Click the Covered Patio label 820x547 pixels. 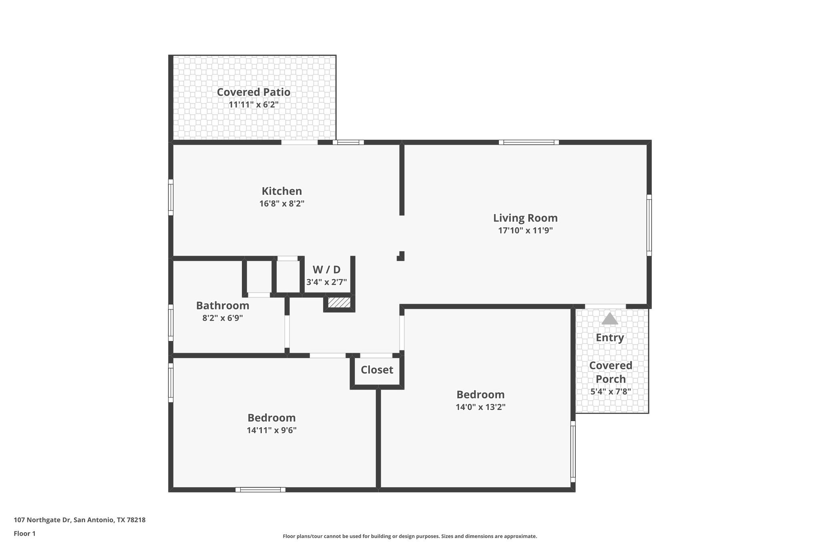point(253,92)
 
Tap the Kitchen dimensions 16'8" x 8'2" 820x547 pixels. point(281,204)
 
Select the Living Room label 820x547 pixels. point(525,218)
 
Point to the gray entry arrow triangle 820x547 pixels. point(609,319)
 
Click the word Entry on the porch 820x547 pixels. point(609,337)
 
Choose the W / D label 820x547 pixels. point(326,269)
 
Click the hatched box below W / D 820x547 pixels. point(339,303)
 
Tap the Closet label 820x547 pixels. point(377,369)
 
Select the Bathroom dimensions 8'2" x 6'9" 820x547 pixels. point(223,318)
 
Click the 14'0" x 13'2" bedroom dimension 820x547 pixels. point(480,407)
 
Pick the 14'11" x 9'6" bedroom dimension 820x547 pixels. point(271,430)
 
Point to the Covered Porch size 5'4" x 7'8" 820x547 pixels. point(611,392)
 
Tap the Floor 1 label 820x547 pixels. point(24,533)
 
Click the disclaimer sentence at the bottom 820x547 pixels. point(410,536)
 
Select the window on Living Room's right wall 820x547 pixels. point(649,225)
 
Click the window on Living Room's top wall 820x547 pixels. point(529,142)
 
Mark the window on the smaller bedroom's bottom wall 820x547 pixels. point(260,489)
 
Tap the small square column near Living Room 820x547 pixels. point(401,256)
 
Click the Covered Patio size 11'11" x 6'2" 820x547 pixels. point(253,105)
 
